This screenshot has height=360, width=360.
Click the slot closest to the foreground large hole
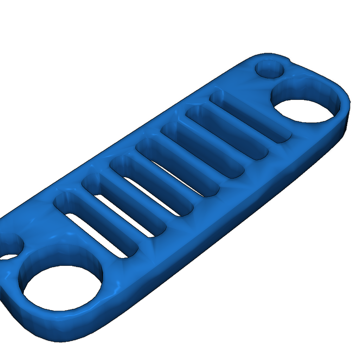[x=95, y=225]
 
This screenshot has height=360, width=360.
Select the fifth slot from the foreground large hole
[x=202, y=151]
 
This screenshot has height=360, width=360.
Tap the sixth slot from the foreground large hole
[x=227, y=134]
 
